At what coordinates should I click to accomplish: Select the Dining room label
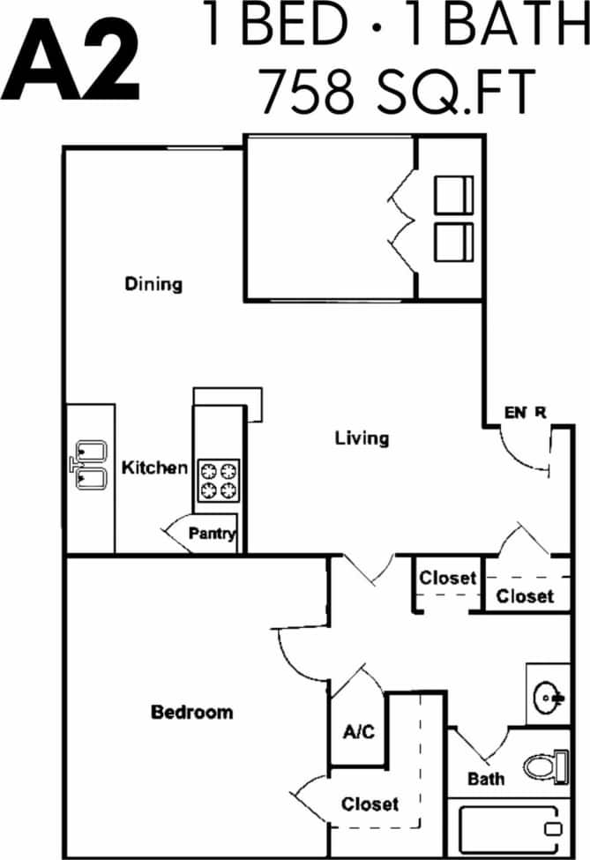153,284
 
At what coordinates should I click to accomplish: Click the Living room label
362,437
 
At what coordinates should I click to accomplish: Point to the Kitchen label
154,467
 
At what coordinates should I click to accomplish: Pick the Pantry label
212,534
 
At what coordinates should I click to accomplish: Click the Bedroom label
192,712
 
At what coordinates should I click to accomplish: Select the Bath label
486,779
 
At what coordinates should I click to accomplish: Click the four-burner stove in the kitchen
219,481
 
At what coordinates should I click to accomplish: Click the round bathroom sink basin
549,699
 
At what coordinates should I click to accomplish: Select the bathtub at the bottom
508,828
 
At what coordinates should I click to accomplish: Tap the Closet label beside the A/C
370,804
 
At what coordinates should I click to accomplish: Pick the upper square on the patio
454,194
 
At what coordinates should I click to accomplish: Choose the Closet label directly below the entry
525,596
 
